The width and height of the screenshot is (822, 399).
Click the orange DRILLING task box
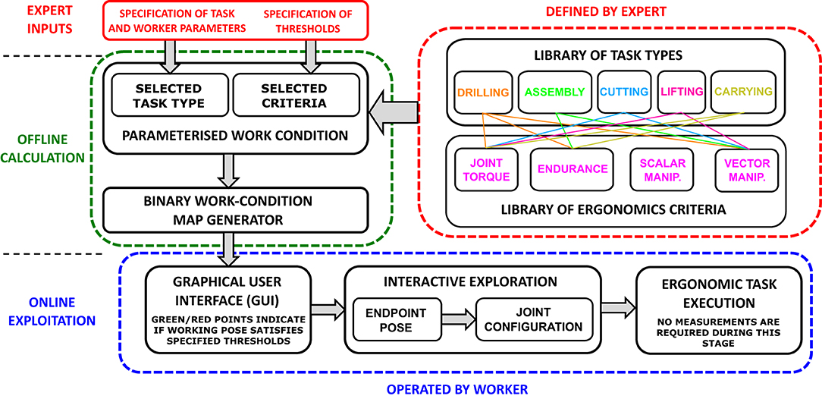coord(483,91)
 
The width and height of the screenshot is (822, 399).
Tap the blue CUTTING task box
coord(623,91)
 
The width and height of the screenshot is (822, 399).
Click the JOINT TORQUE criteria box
coord(486,169)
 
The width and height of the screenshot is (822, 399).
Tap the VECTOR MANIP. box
coord(747,169)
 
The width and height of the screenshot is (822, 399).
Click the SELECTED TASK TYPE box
coord(168,95)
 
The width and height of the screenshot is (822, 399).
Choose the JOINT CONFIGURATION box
coord(533,320)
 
